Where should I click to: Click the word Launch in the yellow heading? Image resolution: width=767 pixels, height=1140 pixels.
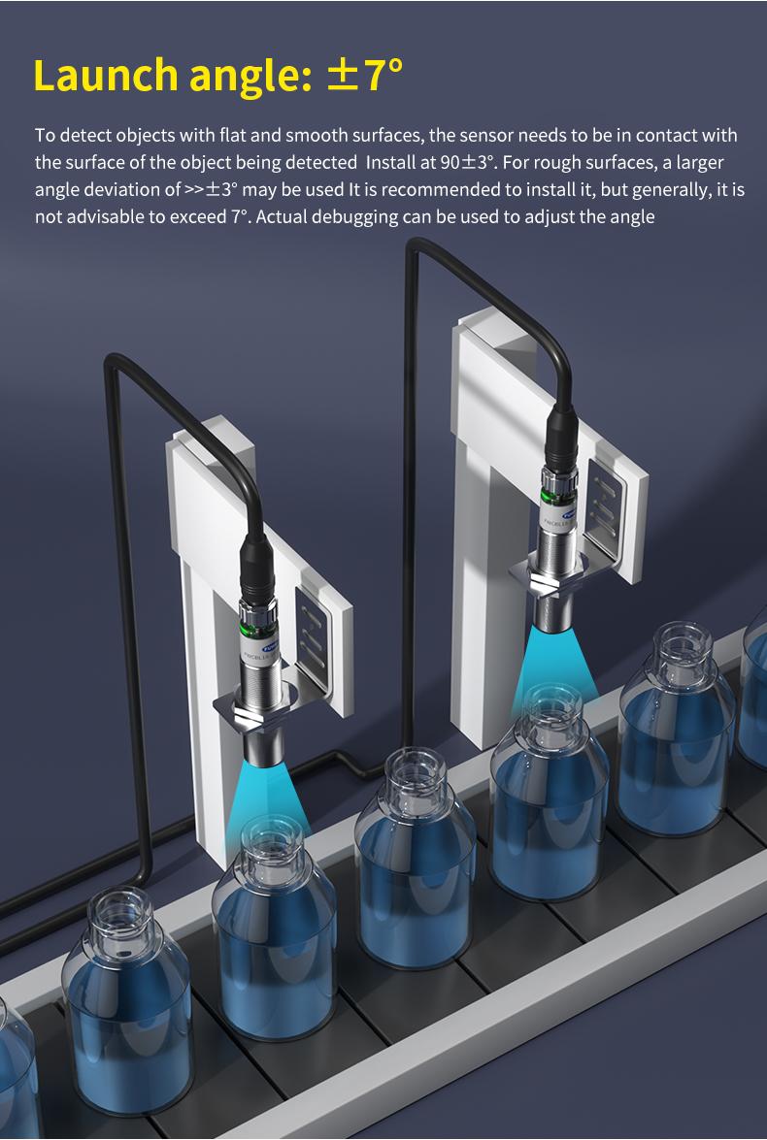(x=106, y=75)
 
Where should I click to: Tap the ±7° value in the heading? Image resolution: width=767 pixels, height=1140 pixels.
(x=365, y=74)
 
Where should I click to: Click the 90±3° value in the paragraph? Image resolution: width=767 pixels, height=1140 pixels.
(x=468, y=162)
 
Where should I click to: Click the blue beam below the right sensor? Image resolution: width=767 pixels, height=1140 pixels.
(x=554, y=666)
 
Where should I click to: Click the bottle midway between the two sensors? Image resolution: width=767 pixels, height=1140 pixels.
(x=415, y=858)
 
